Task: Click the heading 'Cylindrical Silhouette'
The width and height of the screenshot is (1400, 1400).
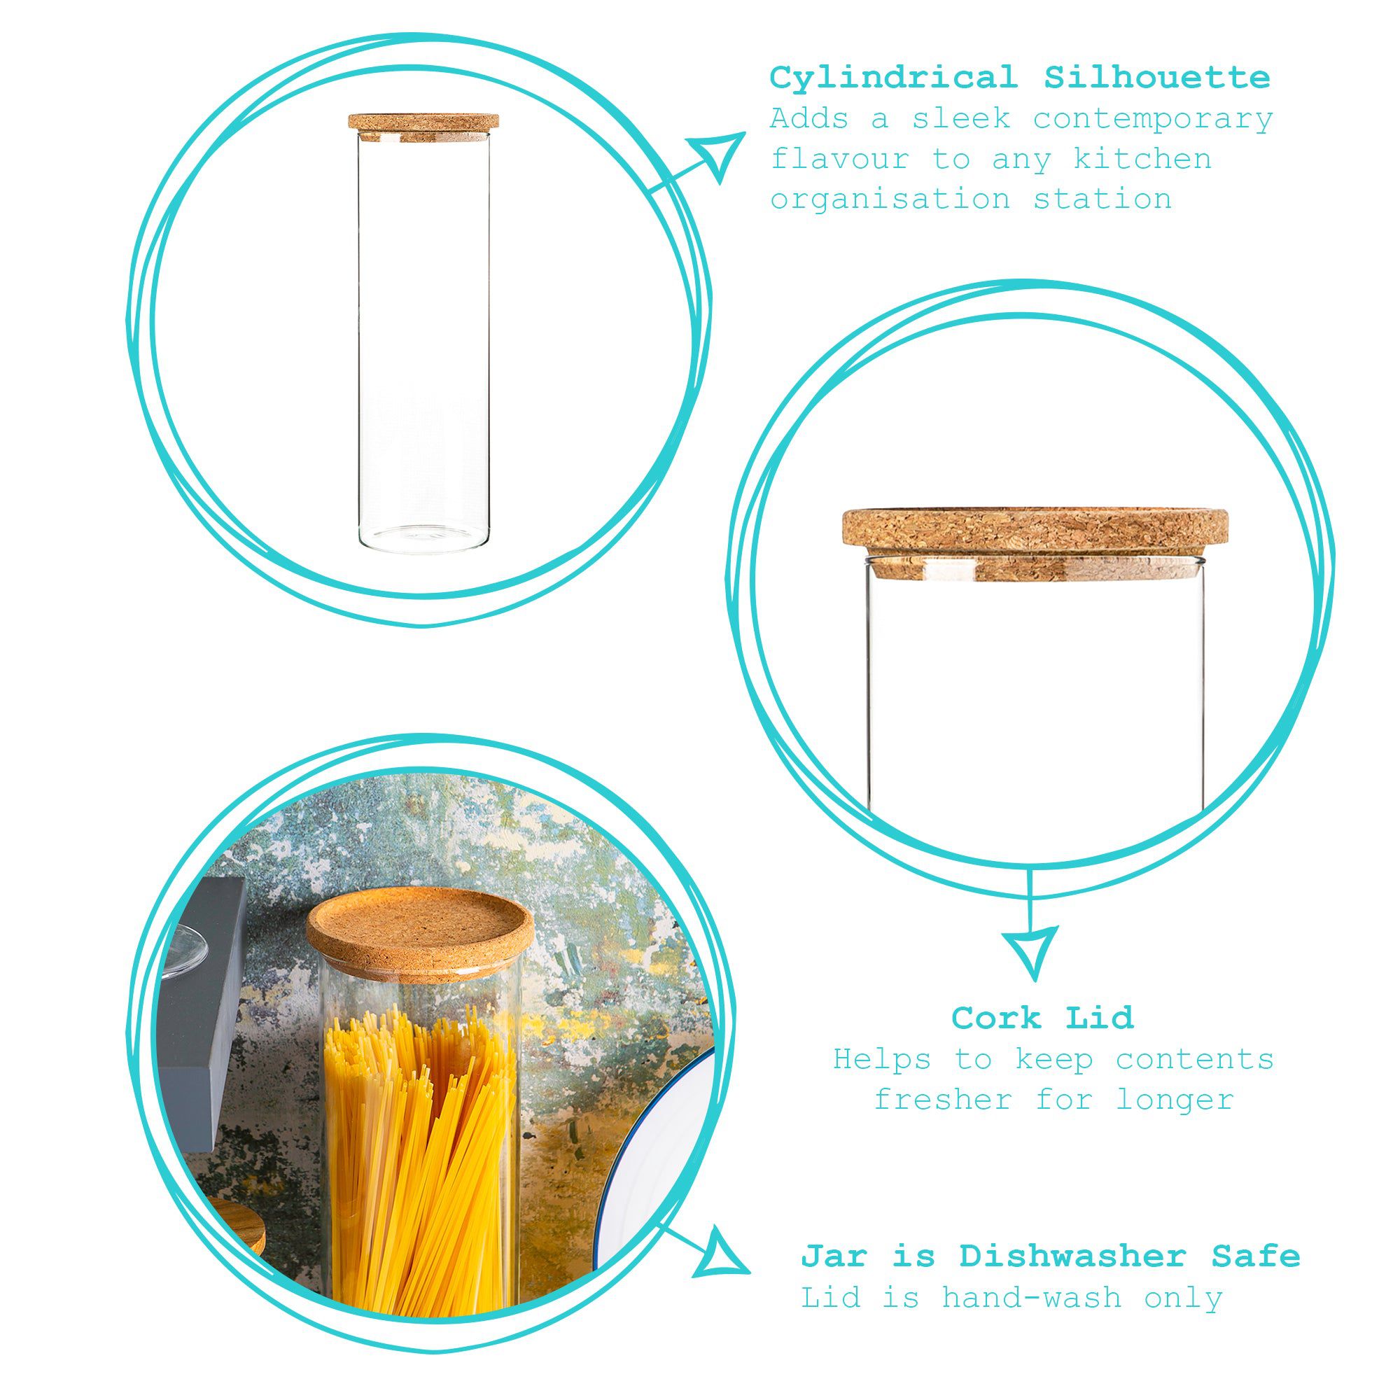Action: click(1020, 78)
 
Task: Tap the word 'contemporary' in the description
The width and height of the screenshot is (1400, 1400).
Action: click(1152, 119)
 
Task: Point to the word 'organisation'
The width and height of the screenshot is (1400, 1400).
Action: click(890, 199)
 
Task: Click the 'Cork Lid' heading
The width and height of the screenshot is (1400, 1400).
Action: click(1042, 1018)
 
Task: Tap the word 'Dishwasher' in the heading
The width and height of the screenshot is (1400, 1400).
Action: click(1072, 1256)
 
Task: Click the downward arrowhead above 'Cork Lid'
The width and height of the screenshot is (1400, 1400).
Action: click(1030, 951)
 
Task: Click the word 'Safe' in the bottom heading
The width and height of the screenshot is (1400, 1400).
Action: click(1256, 1256)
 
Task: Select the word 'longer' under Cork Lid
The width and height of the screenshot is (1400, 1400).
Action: click(1174, 1100)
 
